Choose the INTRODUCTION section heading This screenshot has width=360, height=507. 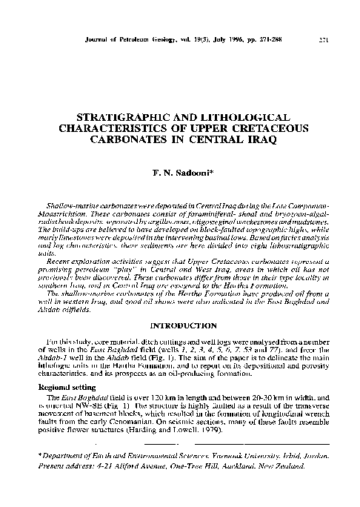(180, 323)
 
